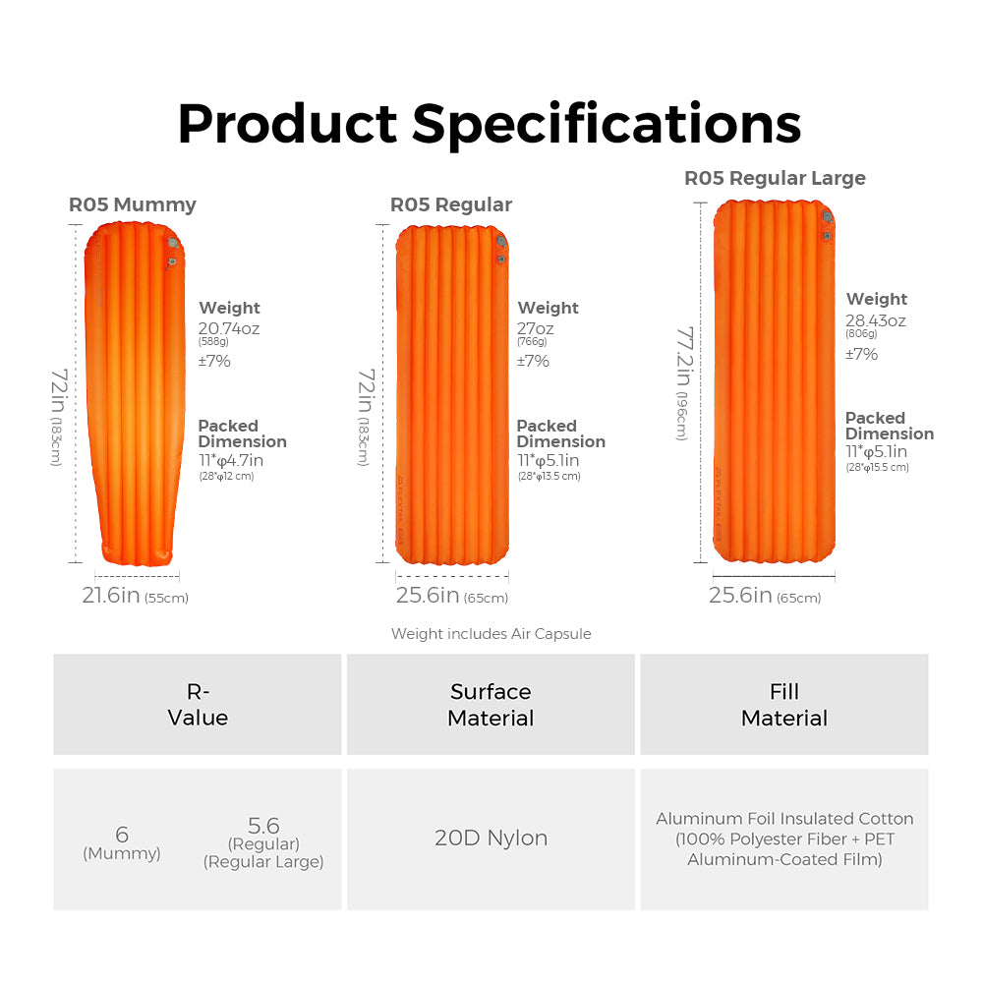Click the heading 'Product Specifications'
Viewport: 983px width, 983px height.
pyautogui.click(x=490, y=125)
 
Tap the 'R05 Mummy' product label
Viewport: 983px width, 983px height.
pyautogui.click(x=133, y=204)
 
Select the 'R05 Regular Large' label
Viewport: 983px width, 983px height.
pyautogui.click(x=775, y=178)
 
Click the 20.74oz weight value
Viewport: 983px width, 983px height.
pyautogui.click(x=229, y=328)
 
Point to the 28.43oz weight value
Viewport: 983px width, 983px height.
pyautogui.click(x=876, y=320)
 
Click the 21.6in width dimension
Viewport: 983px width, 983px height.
pyautogui.click(x=111, y=595)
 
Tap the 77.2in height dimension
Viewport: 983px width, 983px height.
pyautogui.click(x=684, y=356)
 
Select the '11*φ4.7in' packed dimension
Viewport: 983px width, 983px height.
pyautogui.click(x=231, y=460)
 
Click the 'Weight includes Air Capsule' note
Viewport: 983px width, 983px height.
pyautogui.click(x=491, y=634)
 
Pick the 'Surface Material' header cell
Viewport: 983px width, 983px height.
pyautogui.click(x=491, y=705)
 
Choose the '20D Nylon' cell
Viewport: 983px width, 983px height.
pyautogui.click(x=491, y=838)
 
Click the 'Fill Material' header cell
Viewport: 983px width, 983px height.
pyautogui.click(x=784, y=705)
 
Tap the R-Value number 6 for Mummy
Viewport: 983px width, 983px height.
pyautogui.click(x=122, y=835)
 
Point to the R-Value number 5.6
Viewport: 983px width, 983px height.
pyautogui.click(x=263, y=825)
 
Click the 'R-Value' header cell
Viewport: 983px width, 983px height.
pyautogui.click(x=198, y=705)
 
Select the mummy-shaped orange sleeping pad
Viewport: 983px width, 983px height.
pyautogui.click(x=135, y=394)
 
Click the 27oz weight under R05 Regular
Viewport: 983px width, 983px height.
pyautogui.click(x=536, y=328)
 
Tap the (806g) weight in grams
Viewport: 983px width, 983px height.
pyautogui.click(x=861, y=334)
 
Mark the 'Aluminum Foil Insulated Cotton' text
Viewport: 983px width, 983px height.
pyautogui.click(x=784, y=819)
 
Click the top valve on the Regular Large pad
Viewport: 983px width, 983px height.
pyautogui.click(x=828, y=217)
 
